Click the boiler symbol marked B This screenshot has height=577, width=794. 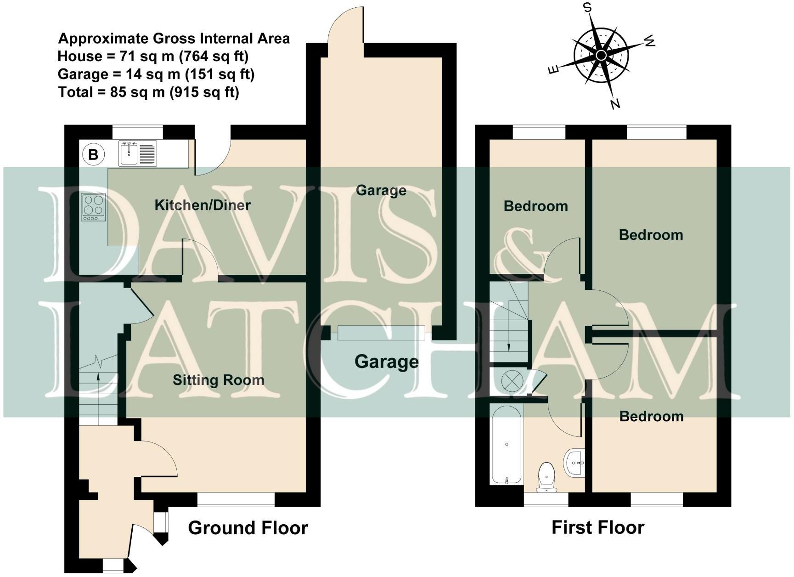point(93,154)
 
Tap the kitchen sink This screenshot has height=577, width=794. point(138,153)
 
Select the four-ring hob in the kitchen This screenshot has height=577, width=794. point(94,206)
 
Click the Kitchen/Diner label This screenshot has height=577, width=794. point(203,205)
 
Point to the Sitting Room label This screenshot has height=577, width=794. point(219,380)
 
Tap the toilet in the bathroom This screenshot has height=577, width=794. point(546,476)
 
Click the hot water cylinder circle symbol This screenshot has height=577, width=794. point(511,381)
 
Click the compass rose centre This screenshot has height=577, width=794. point(601,56)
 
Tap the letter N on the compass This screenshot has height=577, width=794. point(615,104)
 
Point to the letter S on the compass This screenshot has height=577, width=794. point(587,8)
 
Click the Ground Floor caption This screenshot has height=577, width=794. point(248,528)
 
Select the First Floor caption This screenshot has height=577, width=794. point(598,527)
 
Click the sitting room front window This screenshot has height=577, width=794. point(236,499)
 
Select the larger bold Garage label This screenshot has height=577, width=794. point(387,362)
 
